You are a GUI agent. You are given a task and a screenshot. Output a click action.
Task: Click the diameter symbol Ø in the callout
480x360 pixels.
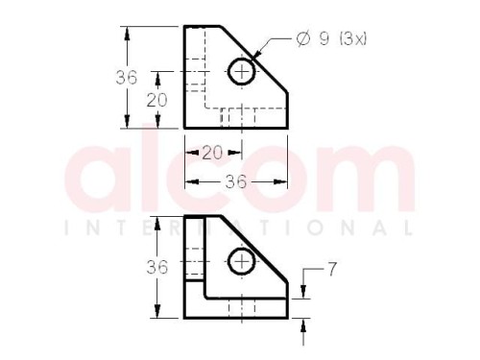[x=303, y=39]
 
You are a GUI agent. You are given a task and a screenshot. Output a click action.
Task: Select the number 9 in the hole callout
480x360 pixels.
[x=324, y=39]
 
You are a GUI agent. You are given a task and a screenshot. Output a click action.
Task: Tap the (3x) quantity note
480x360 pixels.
[x=352, y=39]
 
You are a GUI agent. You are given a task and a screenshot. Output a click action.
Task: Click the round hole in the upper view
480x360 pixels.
[x=242, y=72]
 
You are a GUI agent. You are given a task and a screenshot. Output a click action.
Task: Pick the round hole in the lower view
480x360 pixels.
[x=242, y=261]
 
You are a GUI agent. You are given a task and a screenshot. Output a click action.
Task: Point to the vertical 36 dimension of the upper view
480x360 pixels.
[x=126, y=78]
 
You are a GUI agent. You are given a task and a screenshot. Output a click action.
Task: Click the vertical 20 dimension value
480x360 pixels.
[x=156, y=100]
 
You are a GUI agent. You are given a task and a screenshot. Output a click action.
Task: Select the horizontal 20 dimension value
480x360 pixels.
[x=212, y=153]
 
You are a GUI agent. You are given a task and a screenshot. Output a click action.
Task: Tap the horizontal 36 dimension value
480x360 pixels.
[x=236, y=181]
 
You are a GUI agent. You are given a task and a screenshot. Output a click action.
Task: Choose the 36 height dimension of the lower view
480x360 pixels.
[x=156, y=267]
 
